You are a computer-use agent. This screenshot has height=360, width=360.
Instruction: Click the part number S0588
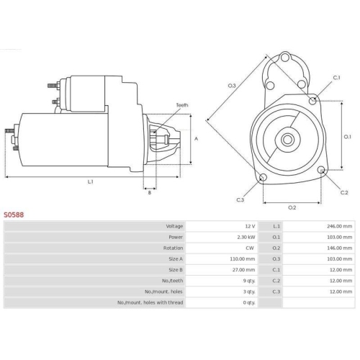14,215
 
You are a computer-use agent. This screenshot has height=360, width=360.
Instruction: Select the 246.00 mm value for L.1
339,226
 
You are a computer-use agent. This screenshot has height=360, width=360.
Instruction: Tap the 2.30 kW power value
246,237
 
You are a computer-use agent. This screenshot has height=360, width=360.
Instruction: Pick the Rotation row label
173,248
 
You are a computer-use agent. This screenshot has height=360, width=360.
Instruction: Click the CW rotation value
250,248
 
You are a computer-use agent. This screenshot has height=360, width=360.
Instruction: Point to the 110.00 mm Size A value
243,259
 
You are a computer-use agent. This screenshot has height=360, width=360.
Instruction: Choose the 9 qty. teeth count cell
249,281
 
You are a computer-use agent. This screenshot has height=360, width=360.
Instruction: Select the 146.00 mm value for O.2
339,248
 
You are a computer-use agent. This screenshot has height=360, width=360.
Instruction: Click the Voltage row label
174,226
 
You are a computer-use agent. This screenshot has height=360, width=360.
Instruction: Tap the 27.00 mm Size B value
243,270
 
